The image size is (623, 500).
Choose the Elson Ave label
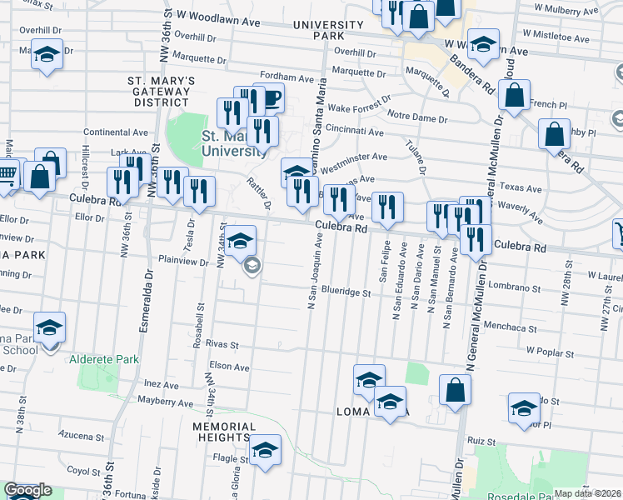coord(229,365)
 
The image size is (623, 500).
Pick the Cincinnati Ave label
coord(355,132)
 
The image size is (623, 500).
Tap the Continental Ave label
coord(115,132)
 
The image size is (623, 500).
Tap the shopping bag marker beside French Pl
coord(515,97)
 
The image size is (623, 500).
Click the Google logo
coord(27,491)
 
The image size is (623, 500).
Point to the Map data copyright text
coord(586,493)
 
